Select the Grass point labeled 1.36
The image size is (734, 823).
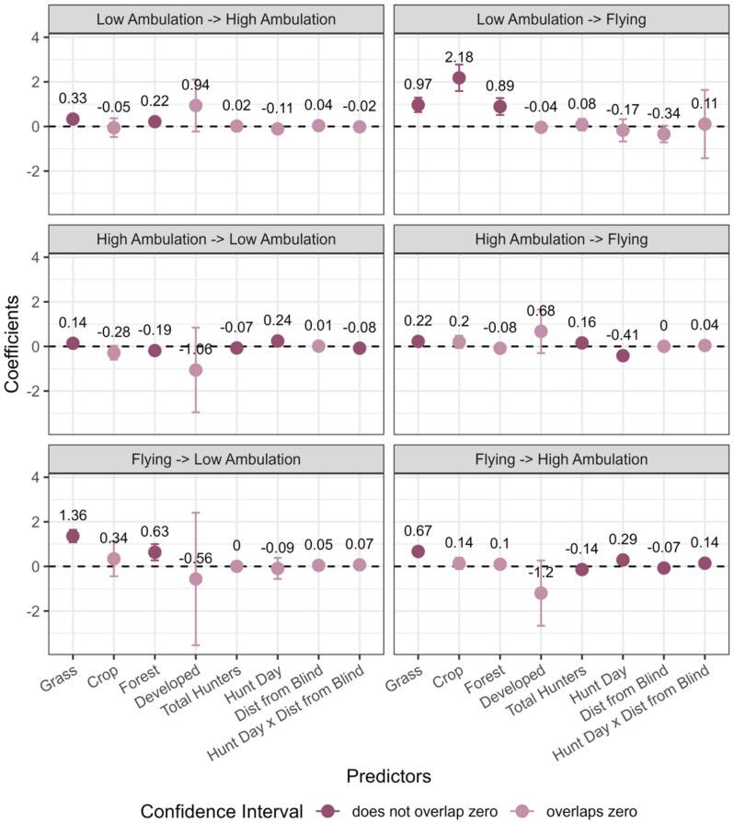click(73, 536)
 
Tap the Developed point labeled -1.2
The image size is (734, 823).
click(541, 593)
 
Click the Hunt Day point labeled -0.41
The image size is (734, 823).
click(623, 355)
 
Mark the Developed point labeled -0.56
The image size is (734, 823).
click(195, 579)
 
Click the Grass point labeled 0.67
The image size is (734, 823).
click(419, 551)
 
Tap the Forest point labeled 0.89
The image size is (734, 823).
click(500, 106)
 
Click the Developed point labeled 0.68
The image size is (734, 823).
click(541, 331)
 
